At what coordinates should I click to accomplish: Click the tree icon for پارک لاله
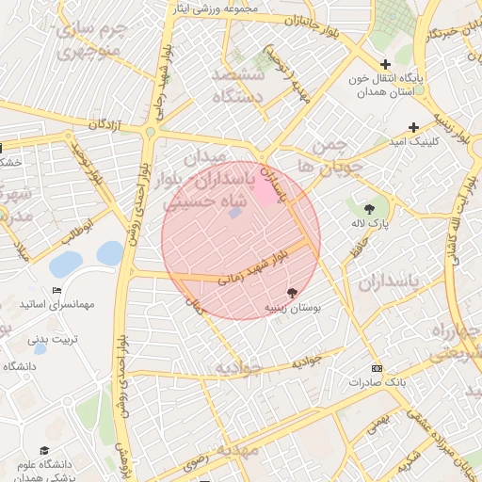(368, 208)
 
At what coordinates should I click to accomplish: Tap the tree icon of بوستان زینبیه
(291, 294)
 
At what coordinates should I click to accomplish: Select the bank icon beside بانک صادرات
(378, 368)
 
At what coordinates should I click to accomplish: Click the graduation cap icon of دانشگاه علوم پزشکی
(43, 451)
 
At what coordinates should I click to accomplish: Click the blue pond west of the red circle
(110, 252)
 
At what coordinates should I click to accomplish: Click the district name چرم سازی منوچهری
(88, 39)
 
